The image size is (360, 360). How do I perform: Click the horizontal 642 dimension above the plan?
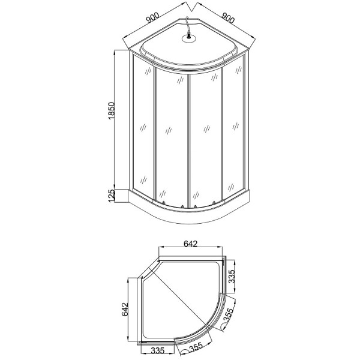[x=190, y=244]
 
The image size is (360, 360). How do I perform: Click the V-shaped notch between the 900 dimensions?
[x=191, y=8]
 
